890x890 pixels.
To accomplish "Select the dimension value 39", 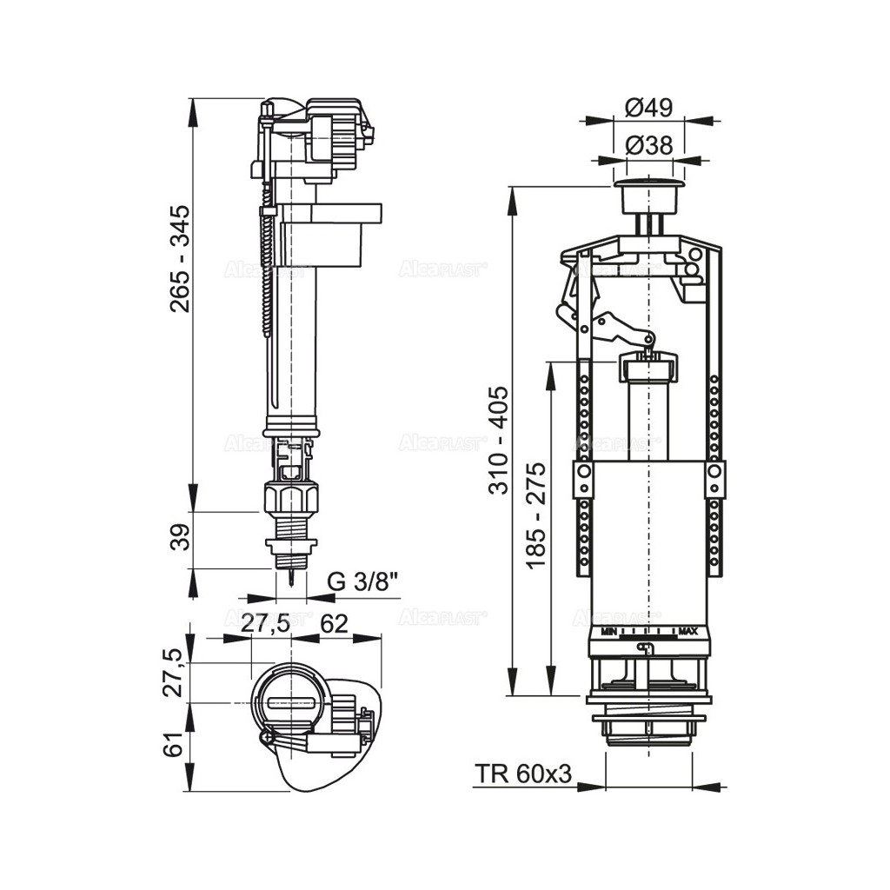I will pyautogui.click(x=179, y=541).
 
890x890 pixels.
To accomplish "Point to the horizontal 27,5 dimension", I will pyautogui.click(x=266, y=624).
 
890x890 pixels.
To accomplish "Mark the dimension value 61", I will pyautogui.click(x=176, y=746).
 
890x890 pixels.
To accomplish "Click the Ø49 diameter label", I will pyautogui.click(x=649, y=107).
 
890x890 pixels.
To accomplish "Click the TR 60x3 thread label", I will pyautogui.click(x=523, y=774).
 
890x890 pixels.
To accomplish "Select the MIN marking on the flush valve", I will pyautogui.click(x=608, y=630).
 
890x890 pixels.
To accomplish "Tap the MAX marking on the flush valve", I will pyautogui.click(x=688, y=630).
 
